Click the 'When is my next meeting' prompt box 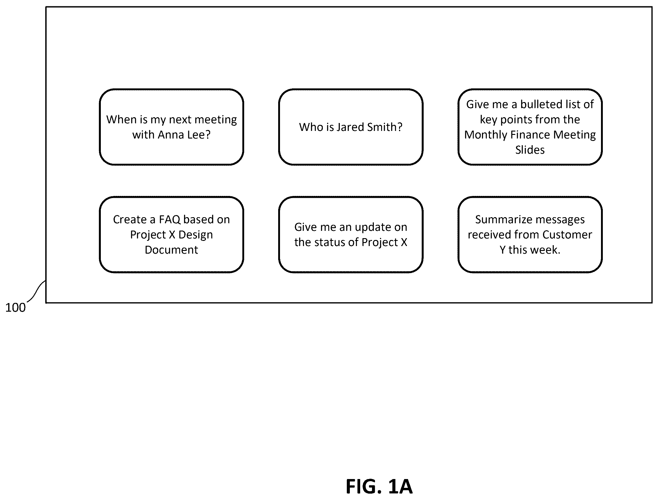(172, 127)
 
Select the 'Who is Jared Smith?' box (351, 127)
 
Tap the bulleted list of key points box (530, 127)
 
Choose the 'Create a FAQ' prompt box (172, 235)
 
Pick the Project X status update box (351, 235)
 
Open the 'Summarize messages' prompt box (530, 235)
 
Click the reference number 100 (15, 308)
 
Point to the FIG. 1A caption (379, 486)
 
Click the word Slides (530, 150)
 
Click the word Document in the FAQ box (172, 250)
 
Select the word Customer (567, 235)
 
